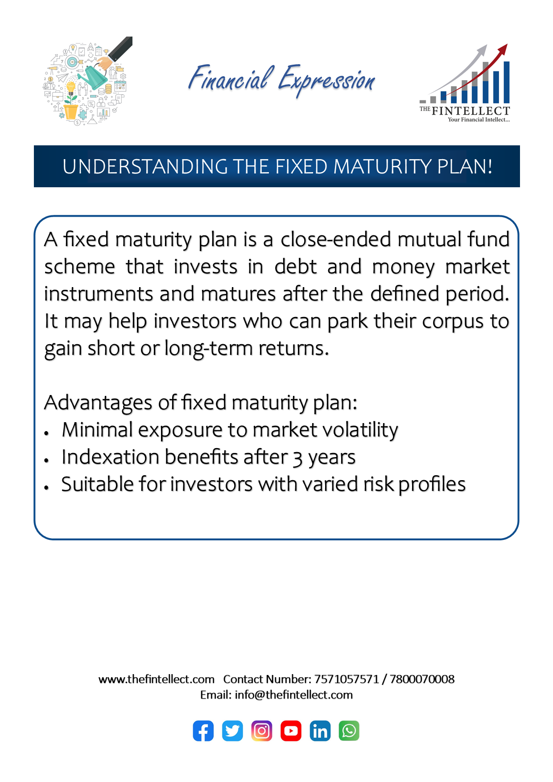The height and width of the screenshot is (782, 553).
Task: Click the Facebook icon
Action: click(203, 731)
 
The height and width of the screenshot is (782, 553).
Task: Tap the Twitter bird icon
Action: click(232, 731)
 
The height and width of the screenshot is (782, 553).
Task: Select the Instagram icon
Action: click(262, 731)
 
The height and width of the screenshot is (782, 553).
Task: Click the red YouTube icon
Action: click(291, 731)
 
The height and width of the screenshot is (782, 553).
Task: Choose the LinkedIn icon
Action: click(320, 731)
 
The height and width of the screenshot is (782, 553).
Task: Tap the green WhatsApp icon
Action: click(349, 731)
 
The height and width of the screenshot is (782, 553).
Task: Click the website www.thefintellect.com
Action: click(157, 679)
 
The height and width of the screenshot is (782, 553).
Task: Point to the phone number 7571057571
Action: click(347, 679)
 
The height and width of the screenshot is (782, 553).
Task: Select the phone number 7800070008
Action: click(422, 679)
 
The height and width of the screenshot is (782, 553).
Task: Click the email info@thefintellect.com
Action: click(293, 695)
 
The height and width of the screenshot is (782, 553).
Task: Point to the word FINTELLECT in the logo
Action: click(470, 111)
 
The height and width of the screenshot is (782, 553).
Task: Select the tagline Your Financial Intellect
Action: click(479, 119)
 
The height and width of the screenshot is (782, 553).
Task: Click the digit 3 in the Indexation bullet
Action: click(297, 458)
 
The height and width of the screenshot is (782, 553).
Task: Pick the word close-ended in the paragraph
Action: click(335, 239)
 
